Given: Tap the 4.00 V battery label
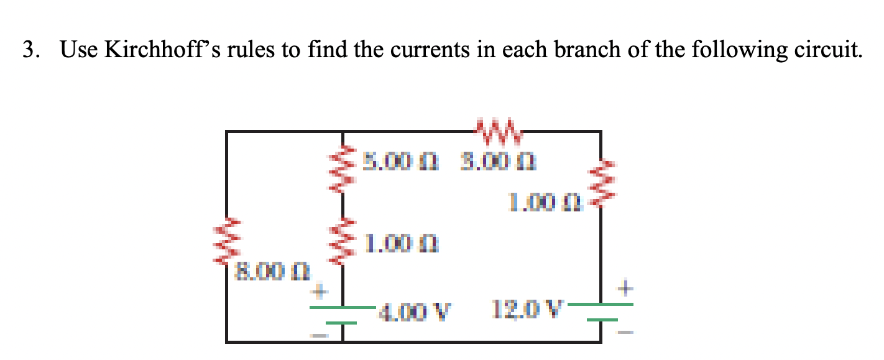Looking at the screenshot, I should (415, 308).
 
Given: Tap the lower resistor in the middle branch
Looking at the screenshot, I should (342, 240).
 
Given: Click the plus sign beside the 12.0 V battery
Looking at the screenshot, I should (627, 288).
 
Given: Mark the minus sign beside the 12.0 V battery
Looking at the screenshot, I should (627, 333).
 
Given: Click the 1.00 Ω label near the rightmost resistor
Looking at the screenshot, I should (545, 201).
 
